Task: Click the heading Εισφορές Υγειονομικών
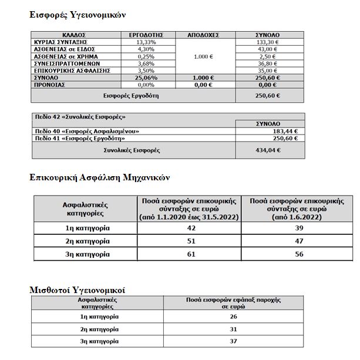pyautogui.click(x=78, y=14)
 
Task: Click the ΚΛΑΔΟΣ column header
pyautogui.click(x=76, y=35)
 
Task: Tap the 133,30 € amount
pyautogui.click(x=268, y=42)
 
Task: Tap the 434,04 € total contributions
pyautogui.click(x=268, y=150)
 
